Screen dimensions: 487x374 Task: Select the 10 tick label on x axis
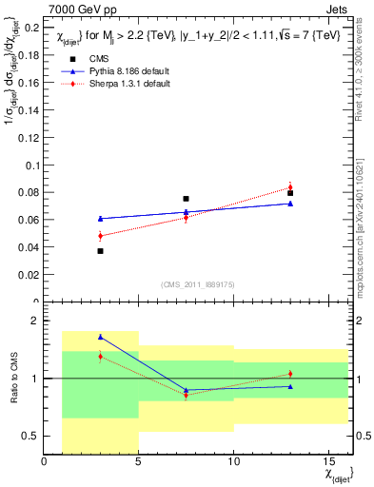[x=233, y=461]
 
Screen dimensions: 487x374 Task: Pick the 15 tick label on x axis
[x=328, y=461]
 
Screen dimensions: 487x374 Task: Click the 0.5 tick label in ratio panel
[x=31, y=436]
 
